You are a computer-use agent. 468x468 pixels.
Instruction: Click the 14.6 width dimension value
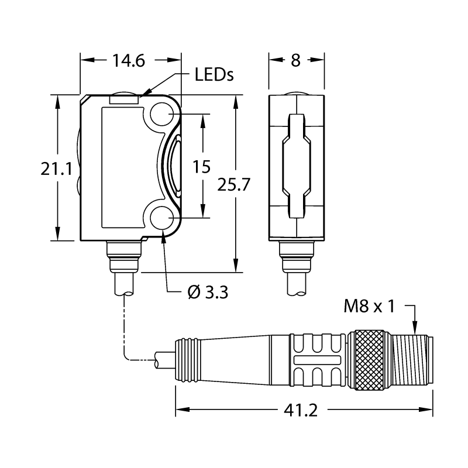pos(128,61)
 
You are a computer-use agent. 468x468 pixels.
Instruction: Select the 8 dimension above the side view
pos(295,60)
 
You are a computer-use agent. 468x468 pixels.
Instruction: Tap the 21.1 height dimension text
pos(56,169)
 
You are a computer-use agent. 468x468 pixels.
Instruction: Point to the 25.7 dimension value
pos(233,184)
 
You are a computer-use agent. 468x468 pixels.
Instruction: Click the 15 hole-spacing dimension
pos(201,167)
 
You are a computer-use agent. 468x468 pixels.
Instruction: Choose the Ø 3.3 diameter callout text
pos(208,292)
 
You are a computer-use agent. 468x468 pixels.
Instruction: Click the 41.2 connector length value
pos(301,411)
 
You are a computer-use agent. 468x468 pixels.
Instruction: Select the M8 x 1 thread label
pos(370,306)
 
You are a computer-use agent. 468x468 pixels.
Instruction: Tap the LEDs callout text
pos(214,75)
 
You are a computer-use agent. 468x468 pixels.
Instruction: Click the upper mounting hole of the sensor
pos(162,113)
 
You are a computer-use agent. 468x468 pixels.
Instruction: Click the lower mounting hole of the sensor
pos(162,218)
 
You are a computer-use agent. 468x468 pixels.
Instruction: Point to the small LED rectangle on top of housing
pos(124,99)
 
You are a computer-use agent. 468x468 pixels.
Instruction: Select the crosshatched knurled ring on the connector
pos(370,360)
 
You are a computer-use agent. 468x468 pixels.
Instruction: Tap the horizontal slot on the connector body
pos(317,360)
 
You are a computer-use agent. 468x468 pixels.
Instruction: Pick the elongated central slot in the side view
pos(297,166)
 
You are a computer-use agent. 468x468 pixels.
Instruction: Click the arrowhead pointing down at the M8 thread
pos(414,328)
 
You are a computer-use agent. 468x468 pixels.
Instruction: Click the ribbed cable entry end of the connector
pos(187,360)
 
